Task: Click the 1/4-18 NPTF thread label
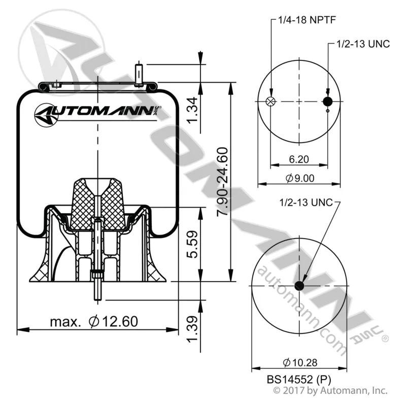pos(307,20)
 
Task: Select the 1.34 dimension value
pos(193,111)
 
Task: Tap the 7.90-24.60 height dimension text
pos(222,182)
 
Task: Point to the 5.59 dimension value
pos(193,245)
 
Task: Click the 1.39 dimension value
pos(193,329)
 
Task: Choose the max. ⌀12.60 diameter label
pos(94,322)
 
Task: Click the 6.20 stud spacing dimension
pos(299,159)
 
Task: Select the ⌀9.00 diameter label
pos(300,178)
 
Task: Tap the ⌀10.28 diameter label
pos(300,362)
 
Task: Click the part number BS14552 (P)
pos(299,380)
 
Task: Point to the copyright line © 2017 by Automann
pos(331,390)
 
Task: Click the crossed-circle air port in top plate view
pos(271,101)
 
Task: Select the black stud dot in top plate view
pos(327,101)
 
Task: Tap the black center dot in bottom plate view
pos(299,286)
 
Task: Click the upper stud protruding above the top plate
pos(139,74)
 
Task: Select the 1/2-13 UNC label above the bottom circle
pos(306,202)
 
